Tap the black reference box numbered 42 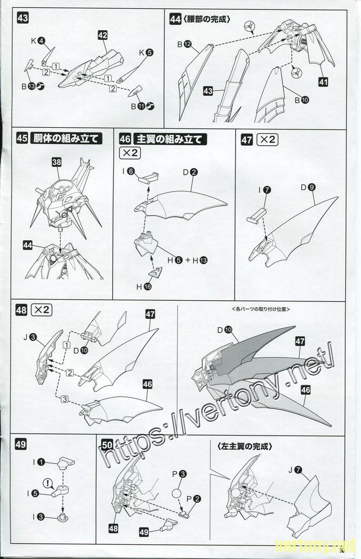[103, 35]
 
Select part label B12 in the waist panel [183, 44]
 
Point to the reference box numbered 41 [323, 82]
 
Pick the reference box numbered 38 [57, 162]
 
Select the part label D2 [190, 172]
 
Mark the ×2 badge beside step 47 [267, 139]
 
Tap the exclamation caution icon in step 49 [47, 483]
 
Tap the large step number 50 [107, 444]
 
